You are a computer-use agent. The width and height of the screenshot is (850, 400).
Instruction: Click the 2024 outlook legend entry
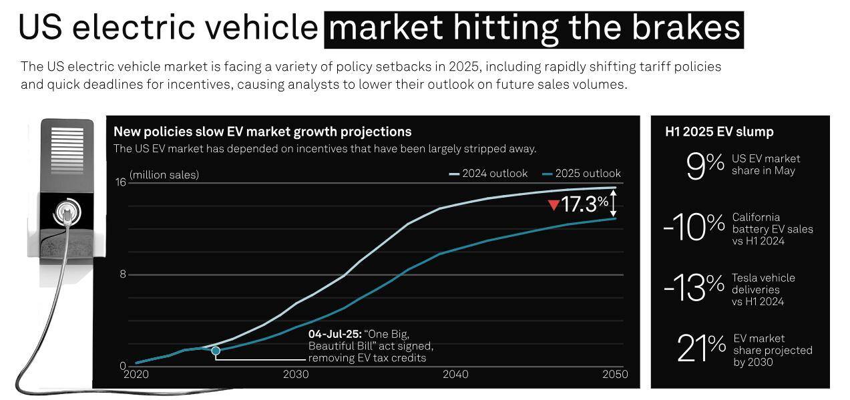(488, 174)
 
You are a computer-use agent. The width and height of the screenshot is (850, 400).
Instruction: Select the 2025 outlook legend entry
(582, 174)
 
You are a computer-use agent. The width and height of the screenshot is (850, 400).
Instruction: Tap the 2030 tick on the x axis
(296, 374)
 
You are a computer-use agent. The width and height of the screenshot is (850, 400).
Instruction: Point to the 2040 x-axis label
(456, 374)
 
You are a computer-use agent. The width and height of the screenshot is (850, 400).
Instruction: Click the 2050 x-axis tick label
(615, 374)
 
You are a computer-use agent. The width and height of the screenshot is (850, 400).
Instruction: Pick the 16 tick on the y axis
(121, 182)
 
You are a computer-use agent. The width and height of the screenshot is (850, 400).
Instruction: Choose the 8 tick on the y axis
(123, 274)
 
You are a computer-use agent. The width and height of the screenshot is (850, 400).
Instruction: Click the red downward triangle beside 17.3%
(554, 205)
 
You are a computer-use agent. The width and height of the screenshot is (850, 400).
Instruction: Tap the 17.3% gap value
(585, 204)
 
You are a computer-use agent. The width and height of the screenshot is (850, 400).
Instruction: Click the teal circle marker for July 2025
(216, 351)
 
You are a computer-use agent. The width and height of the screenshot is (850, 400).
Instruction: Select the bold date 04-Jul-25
(335, 334)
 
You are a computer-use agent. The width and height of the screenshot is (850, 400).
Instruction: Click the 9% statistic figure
(705, 166)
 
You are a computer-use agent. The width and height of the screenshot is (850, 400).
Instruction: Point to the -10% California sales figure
(694, 226)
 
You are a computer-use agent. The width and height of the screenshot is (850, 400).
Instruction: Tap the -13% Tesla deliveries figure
(694, 287)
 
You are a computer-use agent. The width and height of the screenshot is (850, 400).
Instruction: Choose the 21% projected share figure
(701, 347)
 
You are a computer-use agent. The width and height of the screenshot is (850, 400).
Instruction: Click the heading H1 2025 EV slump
(719, 132)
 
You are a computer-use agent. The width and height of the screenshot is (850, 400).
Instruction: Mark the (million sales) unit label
(164, 174)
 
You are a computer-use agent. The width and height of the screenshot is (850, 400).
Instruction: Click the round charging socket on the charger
(67, 212)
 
